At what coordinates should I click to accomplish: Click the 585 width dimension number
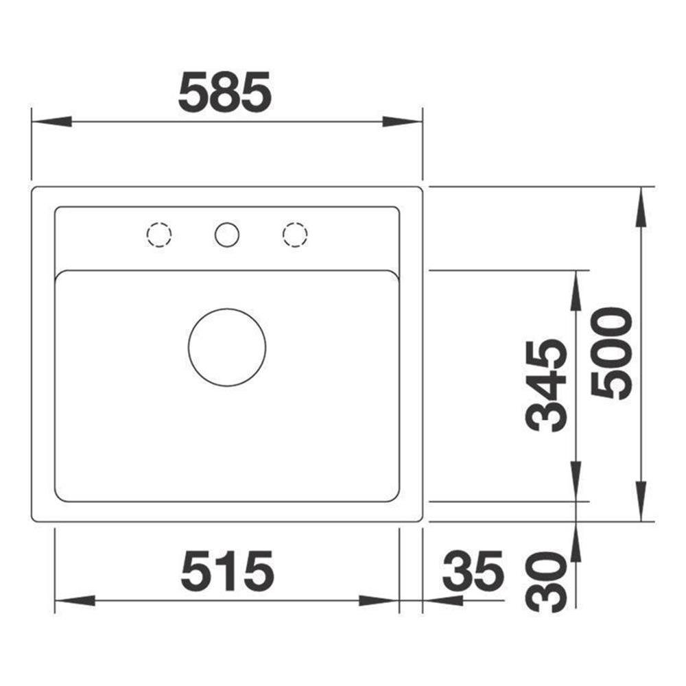point(225,91)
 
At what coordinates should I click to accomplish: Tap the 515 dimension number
point(227,570)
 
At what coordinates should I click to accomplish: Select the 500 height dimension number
point(611,353)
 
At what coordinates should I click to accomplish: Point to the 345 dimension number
point(545,385)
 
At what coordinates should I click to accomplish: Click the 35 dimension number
point(473,570)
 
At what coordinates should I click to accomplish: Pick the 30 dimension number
point(545,582)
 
